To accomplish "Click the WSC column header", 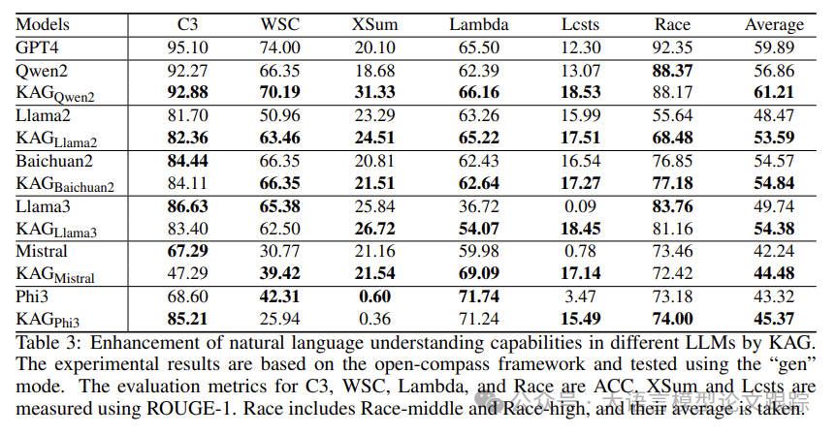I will [278, 24].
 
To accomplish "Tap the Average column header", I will [774, 24].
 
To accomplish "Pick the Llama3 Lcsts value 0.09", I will [580, 206].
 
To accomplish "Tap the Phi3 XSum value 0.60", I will [373, 297].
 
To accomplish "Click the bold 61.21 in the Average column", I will [774, 93].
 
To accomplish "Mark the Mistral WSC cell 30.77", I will [279, 252].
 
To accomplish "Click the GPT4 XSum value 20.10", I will [373, 47].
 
